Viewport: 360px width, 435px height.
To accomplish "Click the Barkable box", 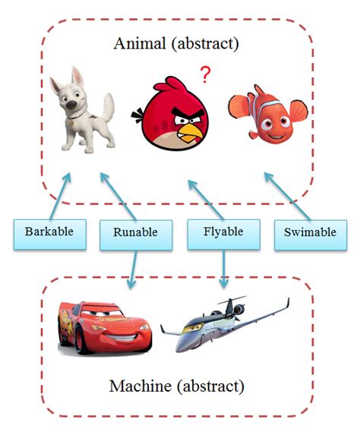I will [48, 232].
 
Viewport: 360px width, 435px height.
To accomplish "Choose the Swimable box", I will [308, 232].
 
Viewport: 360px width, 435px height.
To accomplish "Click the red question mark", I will [204, 74].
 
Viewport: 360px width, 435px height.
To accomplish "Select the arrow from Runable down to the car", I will [132, 269].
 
